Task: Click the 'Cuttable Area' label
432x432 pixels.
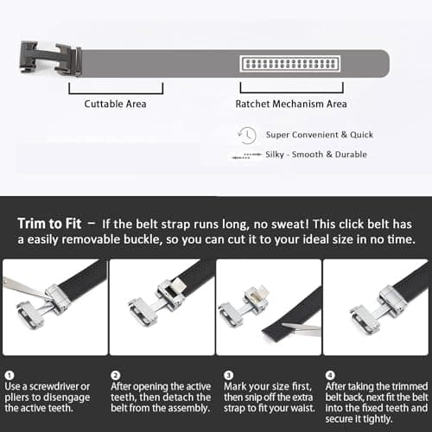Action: click(115, 104)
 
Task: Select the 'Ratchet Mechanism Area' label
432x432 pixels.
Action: click(291, 104)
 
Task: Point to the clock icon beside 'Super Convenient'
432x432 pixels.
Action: click(247, 135)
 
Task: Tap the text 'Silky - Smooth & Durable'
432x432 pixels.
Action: click(316, 155)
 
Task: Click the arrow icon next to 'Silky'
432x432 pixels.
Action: click(245, 156)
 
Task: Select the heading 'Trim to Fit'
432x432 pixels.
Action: click(54, 224)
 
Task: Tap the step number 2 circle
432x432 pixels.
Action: click(115, 376)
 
